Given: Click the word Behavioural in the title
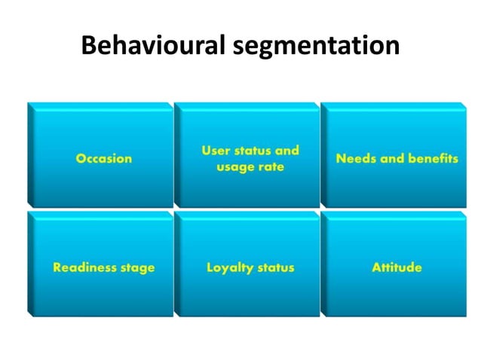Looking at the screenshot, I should click(x=151, y=47).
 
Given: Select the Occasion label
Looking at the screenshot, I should click(x=103, y=159).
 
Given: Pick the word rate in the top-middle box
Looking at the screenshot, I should click(x=271, y=167).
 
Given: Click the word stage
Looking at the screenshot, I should click(x=138, y=268).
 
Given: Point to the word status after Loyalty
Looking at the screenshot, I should click(x=275, y=267).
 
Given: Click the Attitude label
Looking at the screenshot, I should click(x=397, y=267).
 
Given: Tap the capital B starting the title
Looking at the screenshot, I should click(x=89, y=47).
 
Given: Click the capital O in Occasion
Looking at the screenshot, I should click(x=81, y=159).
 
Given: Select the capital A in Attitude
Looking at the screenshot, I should click(x=375, y=267).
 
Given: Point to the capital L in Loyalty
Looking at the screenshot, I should click(x=210, y=267).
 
